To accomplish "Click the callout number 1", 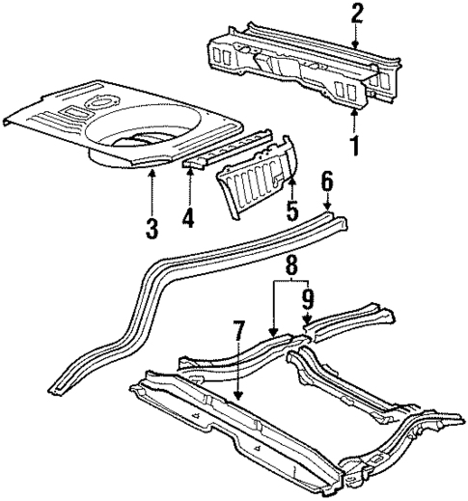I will (x=356, y=151).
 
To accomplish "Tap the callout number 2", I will (x=357, y=13).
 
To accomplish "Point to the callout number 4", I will (x=189, y=219).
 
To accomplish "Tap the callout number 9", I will (x=308, y=298).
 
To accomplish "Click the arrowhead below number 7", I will (x=237, y=398).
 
